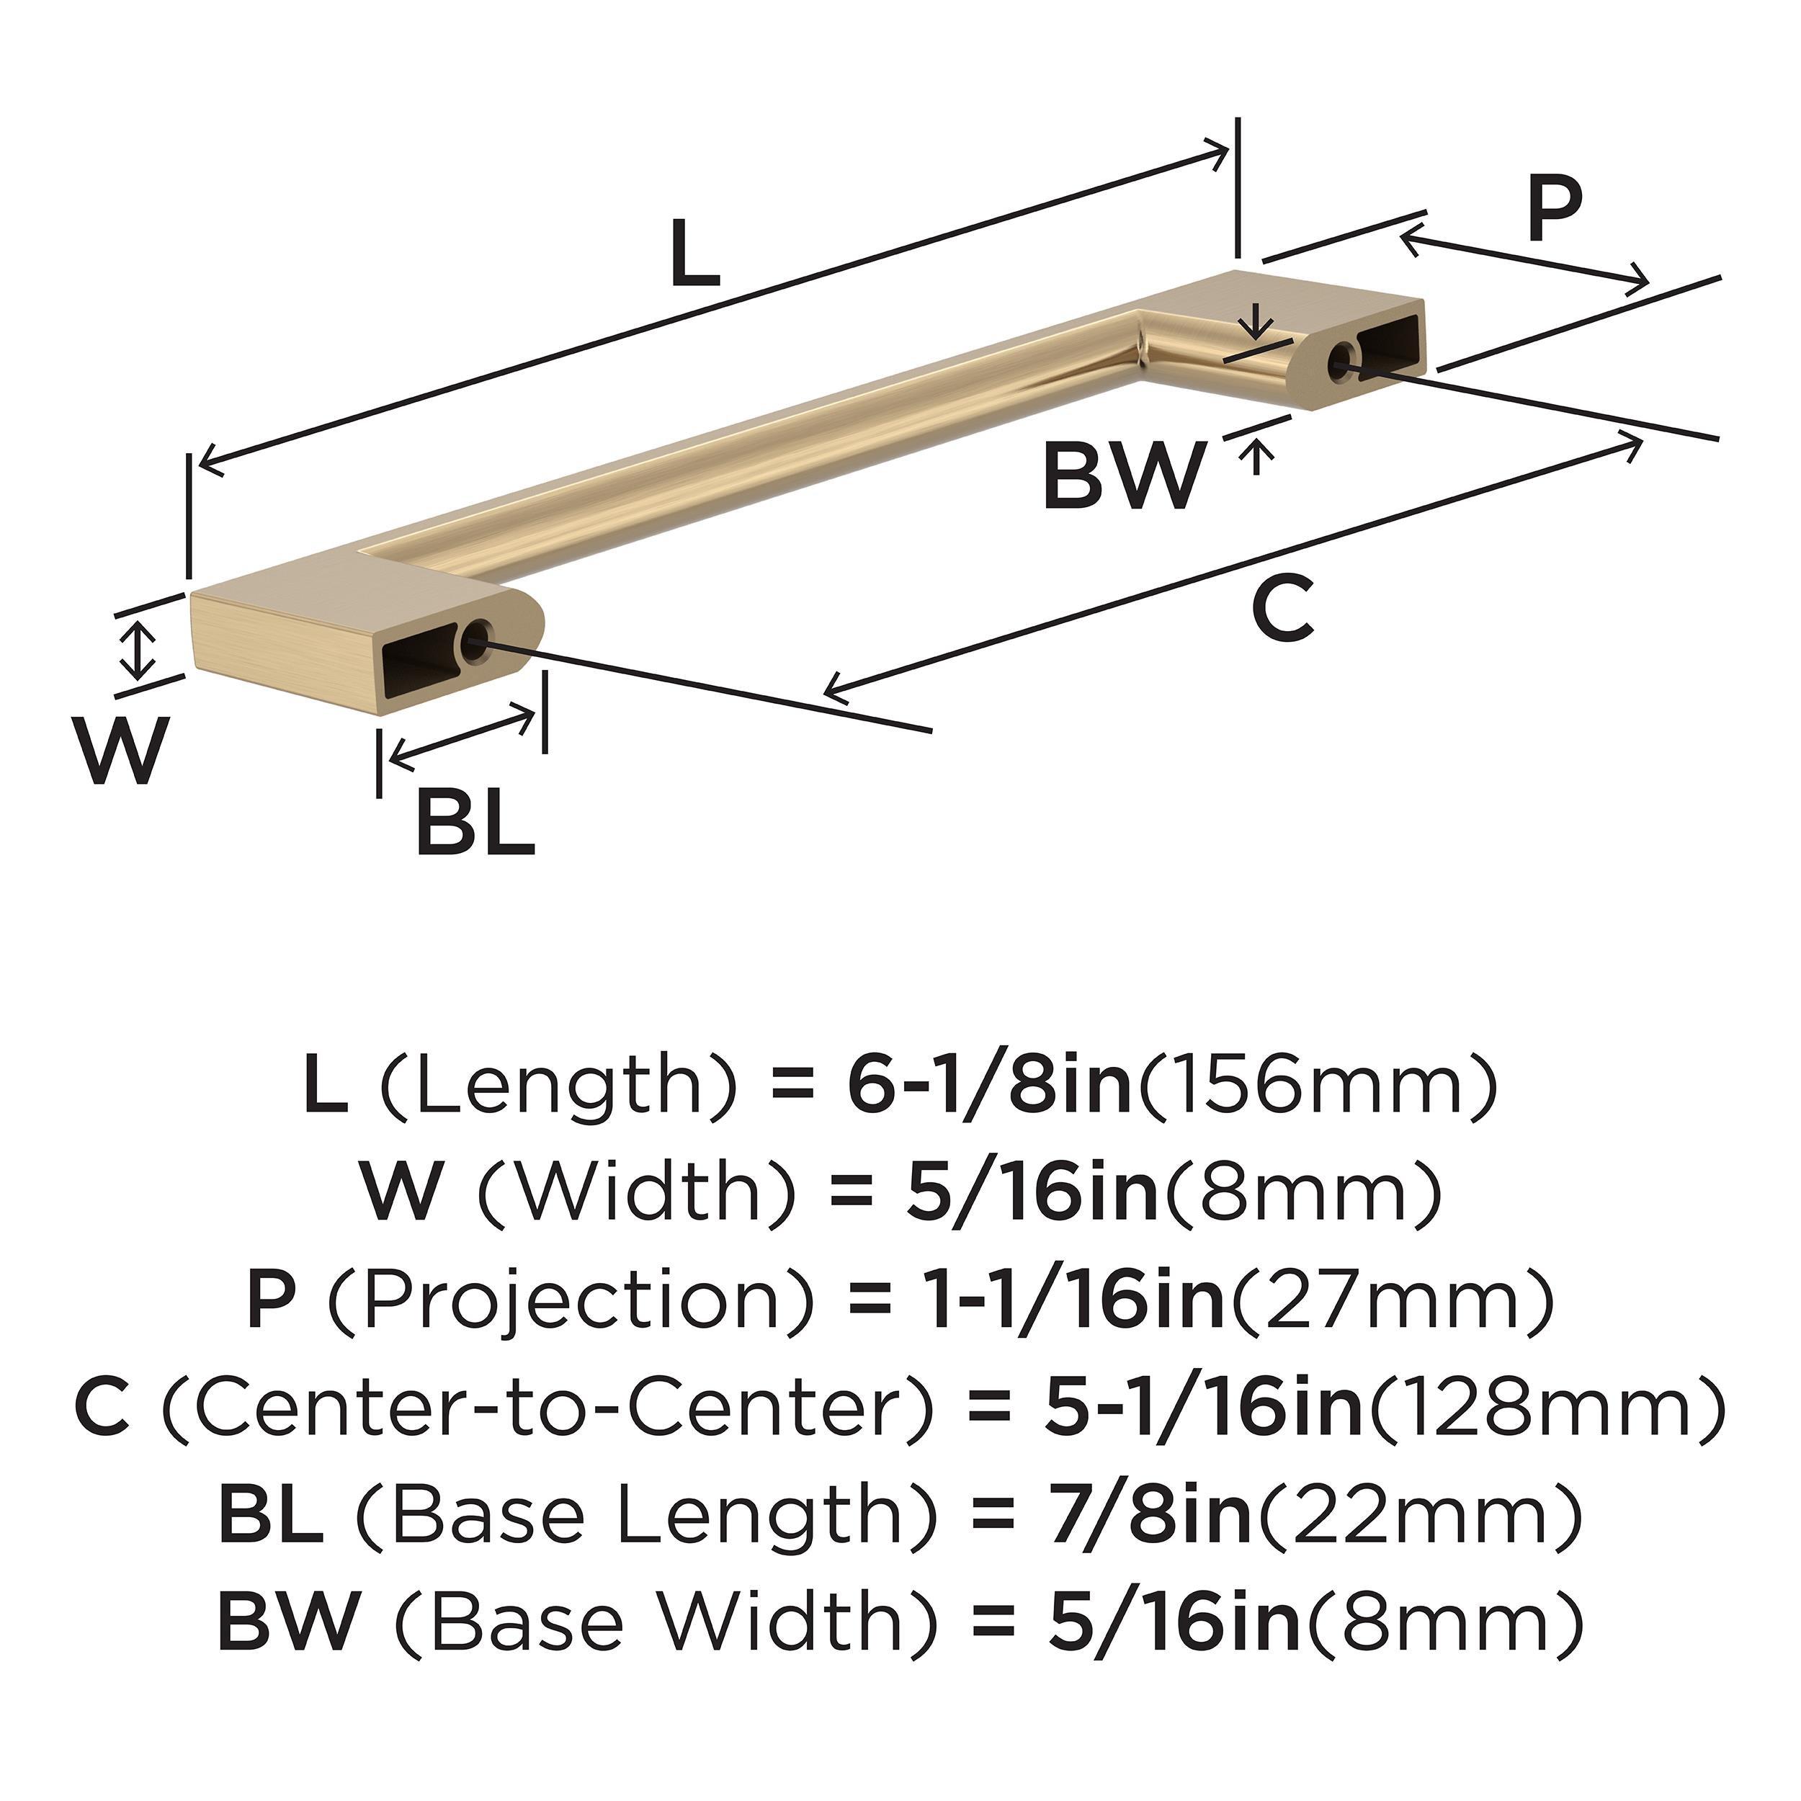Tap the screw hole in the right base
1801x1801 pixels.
[x=1344, y=358]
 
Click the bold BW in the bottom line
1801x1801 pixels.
[x=288, y=1623]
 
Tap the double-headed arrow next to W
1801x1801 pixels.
[x=139, y=650]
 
